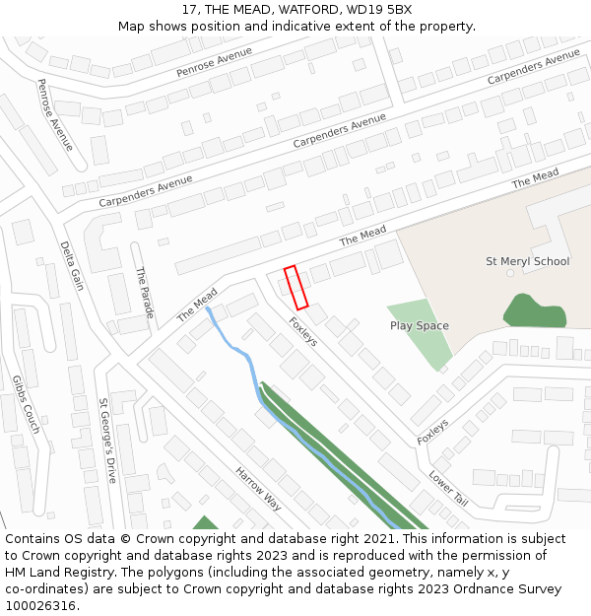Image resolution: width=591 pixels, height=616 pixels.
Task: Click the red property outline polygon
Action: tap(296, 287)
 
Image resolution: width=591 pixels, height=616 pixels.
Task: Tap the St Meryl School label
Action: tap(527, 261)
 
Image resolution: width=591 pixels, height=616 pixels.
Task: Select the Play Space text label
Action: tap(419, 325)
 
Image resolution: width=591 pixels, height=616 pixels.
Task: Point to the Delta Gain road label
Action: tap(72, 266)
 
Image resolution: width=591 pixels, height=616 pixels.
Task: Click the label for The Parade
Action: tap(145, 293)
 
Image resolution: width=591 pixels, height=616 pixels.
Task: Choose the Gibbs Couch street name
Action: tap(26, 404)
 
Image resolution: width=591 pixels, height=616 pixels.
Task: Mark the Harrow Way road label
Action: tap(258, 489)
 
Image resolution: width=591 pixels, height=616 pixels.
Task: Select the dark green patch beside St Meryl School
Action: tap(535, 311)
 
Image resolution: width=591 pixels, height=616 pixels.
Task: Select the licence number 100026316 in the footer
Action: tap(39, 605)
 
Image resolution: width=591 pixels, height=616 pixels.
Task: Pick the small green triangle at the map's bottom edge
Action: tap(205, 523)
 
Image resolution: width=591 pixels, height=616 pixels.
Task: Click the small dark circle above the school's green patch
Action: tap(510, 273)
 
